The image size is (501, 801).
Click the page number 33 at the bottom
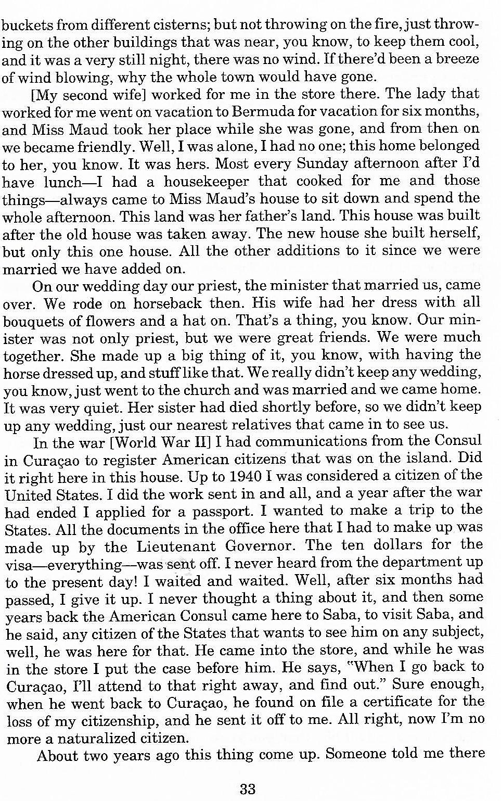click(248, 789)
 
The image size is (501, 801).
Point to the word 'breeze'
click(457, 59)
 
